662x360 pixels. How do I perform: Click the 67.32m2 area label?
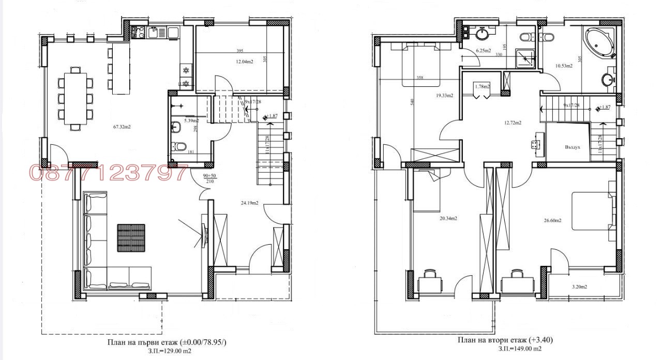(122, 127)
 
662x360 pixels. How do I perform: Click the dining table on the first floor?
(76, 98)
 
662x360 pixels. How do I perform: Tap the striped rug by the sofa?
(130, 236)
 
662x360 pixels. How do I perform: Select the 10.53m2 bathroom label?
(563, 66)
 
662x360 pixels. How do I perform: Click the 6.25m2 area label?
(483, 51)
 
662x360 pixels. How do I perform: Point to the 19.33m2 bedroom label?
(444, 95)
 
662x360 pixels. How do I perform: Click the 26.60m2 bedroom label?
(552, 220)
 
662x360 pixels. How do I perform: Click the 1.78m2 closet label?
(482, 87)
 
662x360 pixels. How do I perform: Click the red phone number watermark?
(109, 173)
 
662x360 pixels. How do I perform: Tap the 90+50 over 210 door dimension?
(209, 179)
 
